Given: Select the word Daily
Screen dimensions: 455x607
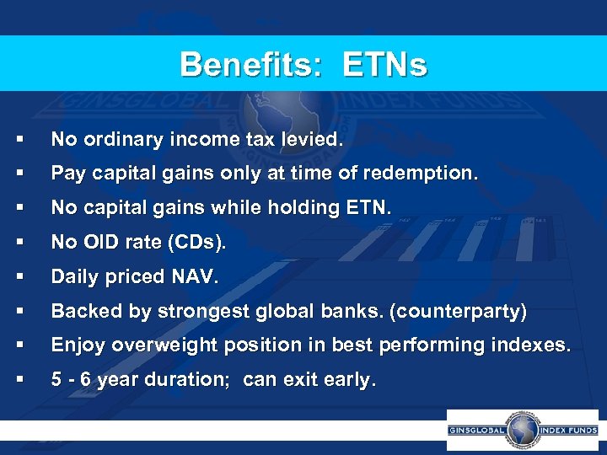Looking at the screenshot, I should pos(74,277).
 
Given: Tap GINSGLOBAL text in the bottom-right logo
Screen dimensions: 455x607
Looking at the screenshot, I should pos(478,430).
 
